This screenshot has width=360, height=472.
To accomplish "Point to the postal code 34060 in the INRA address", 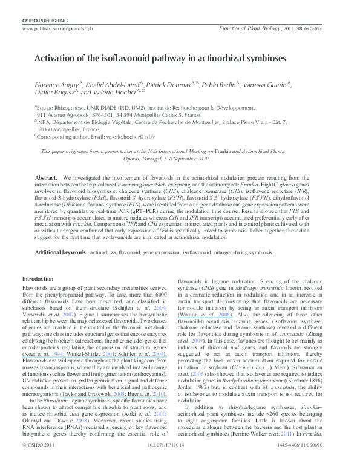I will [46, 129].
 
